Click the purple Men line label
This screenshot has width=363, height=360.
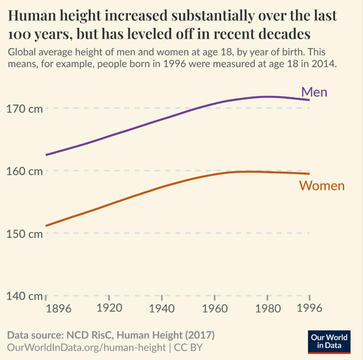314,92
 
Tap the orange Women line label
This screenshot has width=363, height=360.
322,185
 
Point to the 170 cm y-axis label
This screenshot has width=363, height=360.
24,109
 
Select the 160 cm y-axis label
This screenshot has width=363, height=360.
24,171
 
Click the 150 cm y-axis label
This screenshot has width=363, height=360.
24,234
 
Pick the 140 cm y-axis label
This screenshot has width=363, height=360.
24,296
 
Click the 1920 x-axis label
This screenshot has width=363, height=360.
109,308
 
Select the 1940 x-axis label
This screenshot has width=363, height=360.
162,308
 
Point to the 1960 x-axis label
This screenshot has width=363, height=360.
214,308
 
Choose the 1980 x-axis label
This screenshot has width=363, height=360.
267,308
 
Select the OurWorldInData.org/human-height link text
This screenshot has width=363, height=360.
86,347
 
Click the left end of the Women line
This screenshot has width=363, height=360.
46,225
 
